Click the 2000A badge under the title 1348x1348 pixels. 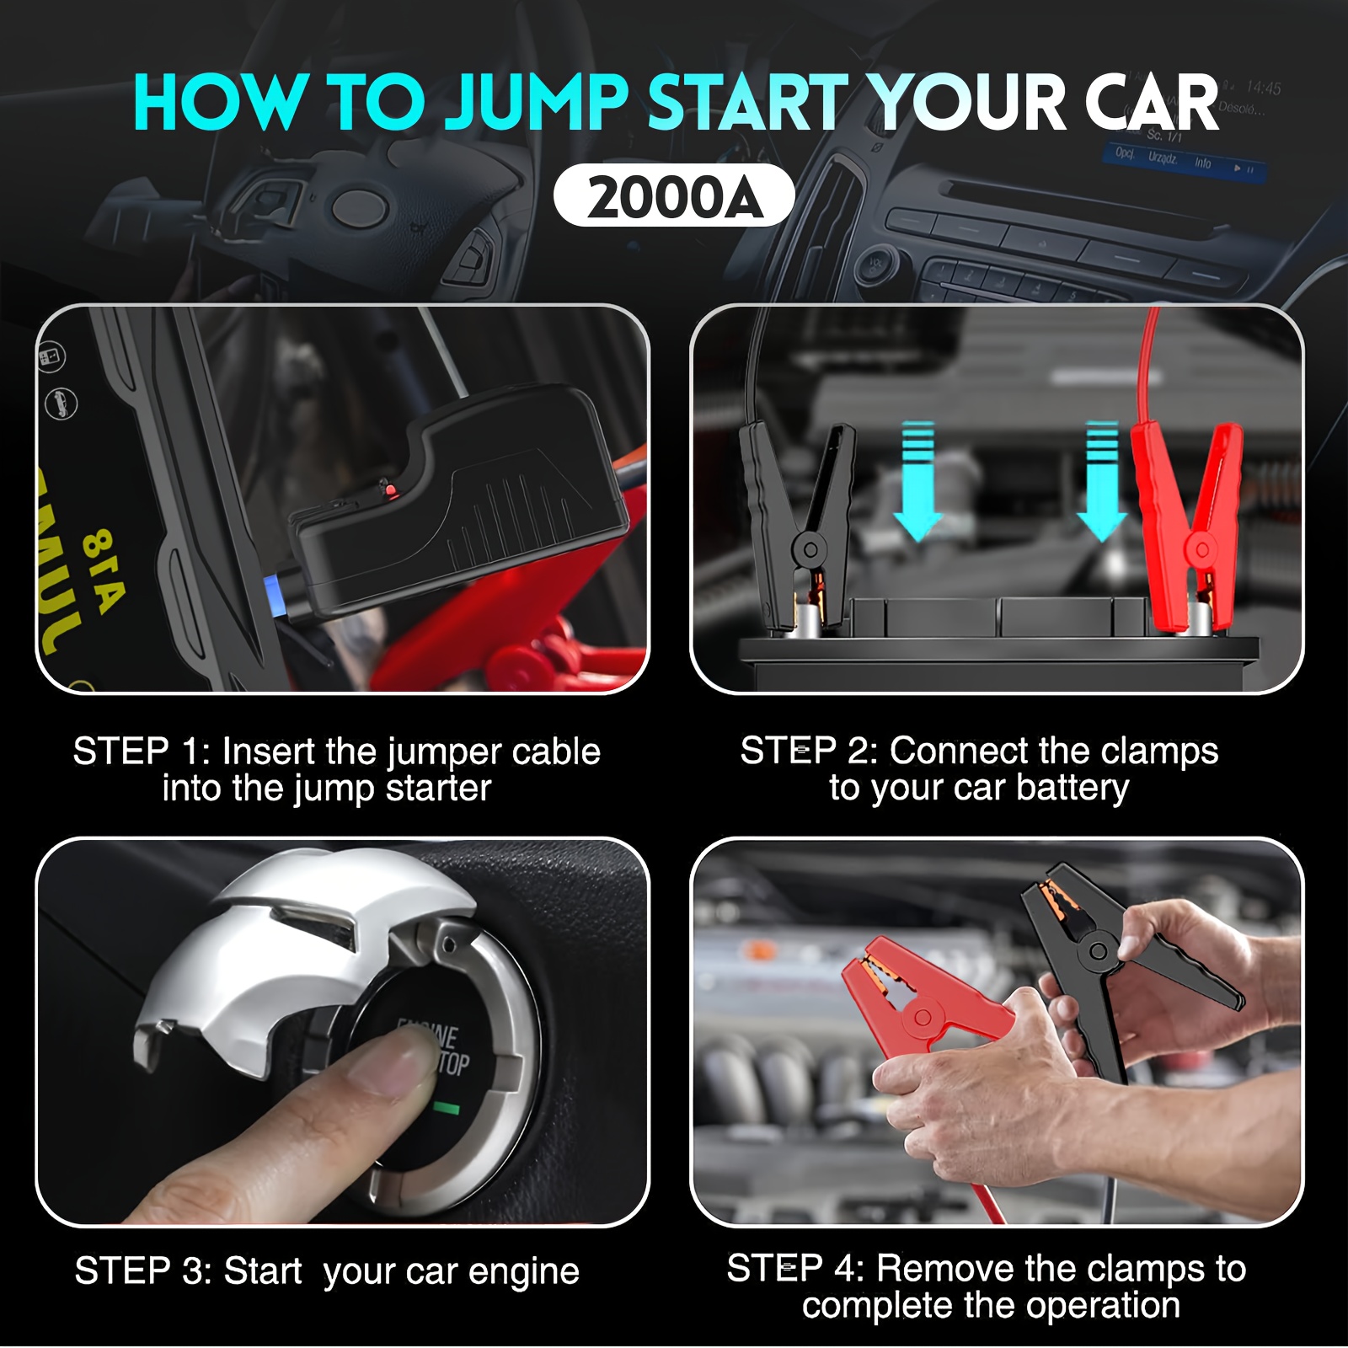(x=674, y=196)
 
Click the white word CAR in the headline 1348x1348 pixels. (x=1151, y=103)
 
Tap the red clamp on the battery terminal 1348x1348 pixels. (x=1188, y=522)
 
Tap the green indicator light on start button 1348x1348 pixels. (x=447, y=1109)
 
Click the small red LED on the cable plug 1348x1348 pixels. (x=387, y=488)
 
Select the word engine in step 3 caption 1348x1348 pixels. (x=523, y=1271)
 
